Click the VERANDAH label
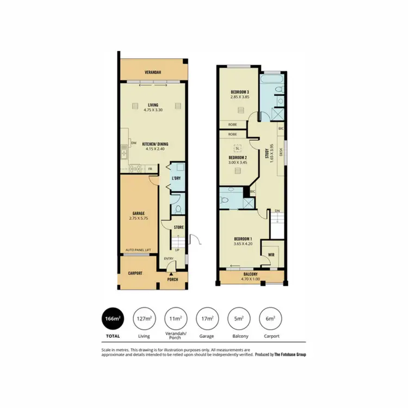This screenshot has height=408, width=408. point(152,71)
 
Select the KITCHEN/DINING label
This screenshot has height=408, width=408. point(156,144)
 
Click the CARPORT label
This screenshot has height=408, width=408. point(135,273)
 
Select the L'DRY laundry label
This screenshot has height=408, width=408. point(176,178)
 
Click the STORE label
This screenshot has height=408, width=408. point(179,227)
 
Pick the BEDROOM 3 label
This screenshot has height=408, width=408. point(240,91)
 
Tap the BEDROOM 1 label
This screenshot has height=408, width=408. point(243,239)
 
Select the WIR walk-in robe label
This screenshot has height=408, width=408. point(269,255)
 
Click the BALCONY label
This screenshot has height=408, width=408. point(251,275)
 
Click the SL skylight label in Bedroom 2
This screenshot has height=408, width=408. point(237,148)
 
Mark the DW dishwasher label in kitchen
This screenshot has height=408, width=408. point(133,144)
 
